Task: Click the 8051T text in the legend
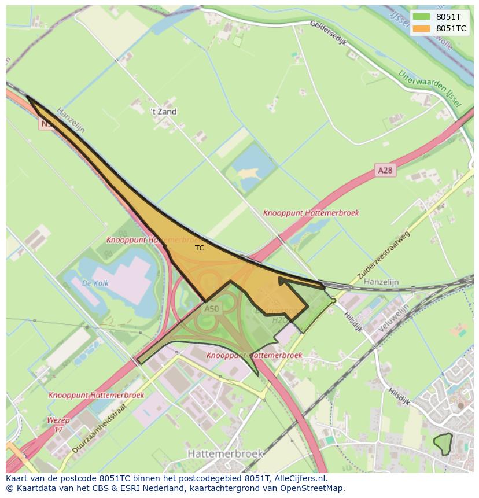tap(448, 17)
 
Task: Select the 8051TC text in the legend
tap(451, 28)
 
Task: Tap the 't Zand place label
tap(164, 112)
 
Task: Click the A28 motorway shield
tap(385, 170)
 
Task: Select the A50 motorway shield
tap(212, 309)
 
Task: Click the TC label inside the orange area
tap(200, 248)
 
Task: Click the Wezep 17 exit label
tap(58, 425)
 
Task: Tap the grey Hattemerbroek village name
tap(226, 453)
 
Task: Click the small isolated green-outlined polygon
tap(443, 444)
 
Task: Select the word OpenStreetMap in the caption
tap(312, 488)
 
